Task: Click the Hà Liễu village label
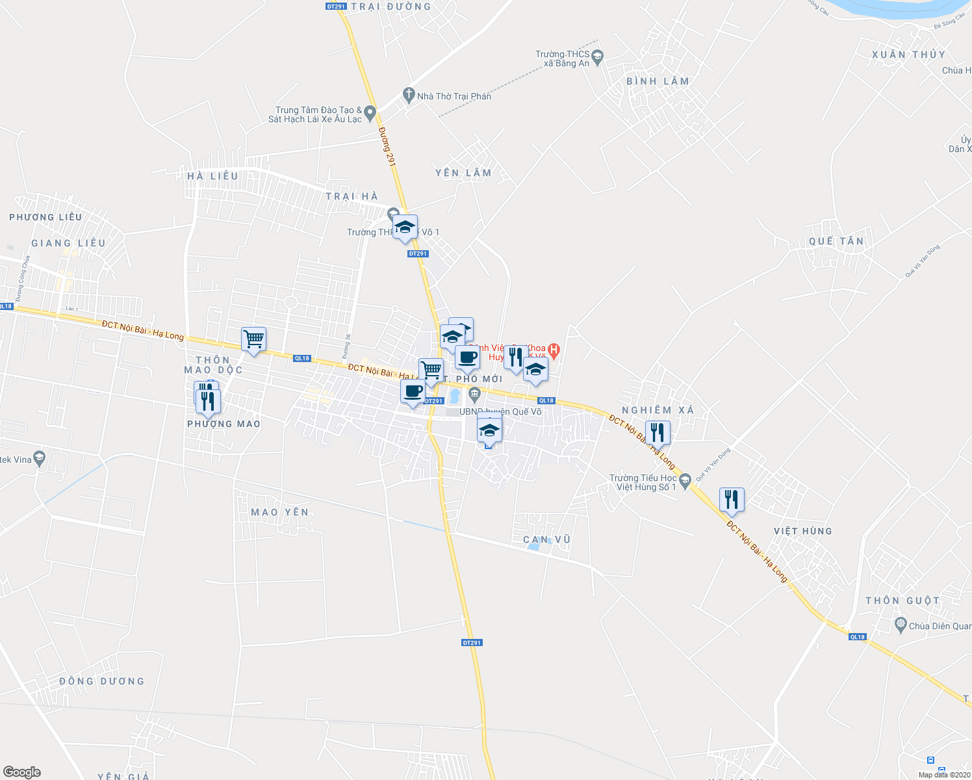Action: pos(212,176)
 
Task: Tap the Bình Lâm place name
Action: pos(658,81)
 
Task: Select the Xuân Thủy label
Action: pos(908,55)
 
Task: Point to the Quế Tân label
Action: pos(836,241)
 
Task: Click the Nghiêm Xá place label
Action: pos(658,410)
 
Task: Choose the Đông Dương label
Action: pos(101,681)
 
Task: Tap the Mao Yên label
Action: pos(280,512)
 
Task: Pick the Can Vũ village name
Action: pos(546,539)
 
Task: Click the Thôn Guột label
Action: pos(902,601)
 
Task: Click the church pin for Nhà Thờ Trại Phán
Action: pos(409,96)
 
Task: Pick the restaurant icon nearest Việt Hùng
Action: pos(732,499)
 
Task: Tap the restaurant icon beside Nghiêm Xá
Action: pos(658,432)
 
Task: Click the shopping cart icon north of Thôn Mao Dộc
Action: pos(253,339)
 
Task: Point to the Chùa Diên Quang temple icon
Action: pos(901,625)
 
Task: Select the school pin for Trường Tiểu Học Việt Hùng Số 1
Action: pos(685,482)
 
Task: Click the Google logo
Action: pos(22,772)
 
